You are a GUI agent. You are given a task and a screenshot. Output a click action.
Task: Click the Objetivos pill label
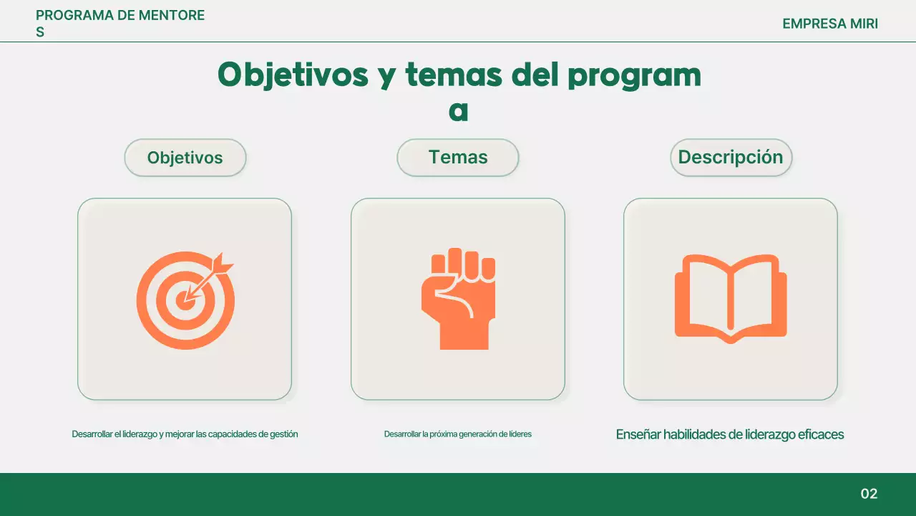click(185, 158)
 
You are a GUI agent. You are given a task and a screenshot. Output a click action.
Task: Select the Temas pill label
click(458, 158)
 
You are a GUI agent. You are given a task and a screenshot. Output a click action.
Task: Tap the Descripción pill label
click(731, 158)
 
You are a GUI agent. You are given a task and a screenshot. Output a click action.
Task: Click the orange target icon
click(185, 300)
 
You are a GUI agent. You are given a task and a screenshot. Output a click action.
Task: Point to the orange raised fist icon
click(458, 299)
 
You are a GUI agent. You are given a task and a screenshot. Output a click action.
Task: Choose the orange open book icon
click(731, 298)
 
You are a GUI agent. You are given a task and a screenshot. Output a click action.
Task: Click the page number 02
click(869, 494)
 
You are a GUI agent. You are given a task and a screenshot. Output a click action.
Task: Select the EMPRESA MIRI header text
click(830, 24)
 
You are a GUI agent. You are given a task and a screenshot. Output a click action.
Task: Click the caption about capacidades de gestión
click(185, 434)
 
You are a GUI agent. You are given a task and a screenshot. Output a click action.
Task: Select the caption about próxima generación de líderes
click(458, 434)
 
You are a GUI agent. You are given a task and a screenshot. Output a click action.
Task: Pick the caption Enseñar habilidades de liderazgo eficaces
click(730, 434)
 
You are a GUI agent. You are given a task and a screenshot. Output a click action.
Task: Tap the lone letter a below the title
click(458, 112)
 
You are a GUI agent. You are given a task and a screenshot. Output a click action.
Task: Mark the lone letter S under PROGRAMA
click(40, 32)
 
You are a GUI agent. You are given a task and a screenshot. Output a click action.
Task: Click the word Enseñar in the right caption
click(638, 434)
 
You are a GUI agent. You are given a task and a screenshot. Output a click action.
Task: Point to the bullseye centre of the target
click(185, 300)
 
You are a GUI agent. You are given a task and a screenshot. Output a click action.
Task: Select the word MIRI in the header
click(864, 24)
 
